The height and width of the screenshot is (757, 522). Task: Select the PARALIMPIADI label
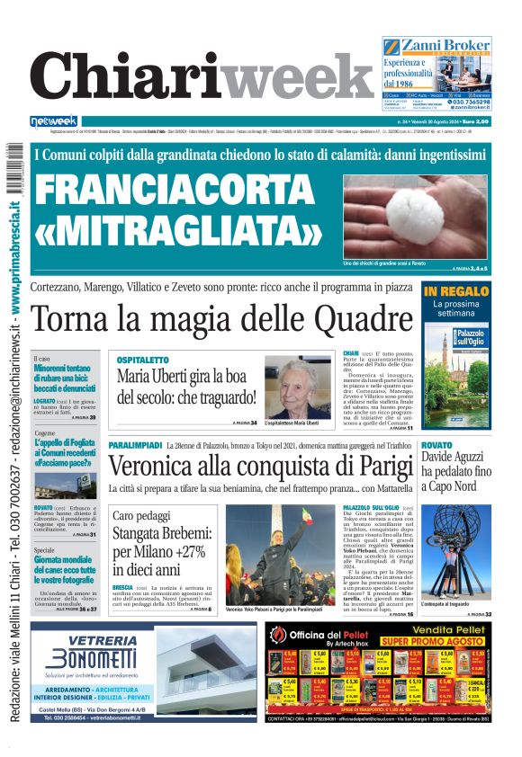(x=134, y=445)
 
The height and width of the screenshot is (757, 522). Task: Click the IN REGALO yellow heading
(x=456, y=291)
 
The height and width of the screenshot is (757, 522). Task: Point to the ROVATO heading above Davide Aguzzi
(x=436, y=445)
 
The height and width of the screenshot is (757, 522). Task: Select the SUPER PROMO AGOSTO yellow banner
(x=432, y=643)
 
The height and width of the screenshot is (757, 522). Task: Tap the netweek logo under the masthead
(x=54, y=121)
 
